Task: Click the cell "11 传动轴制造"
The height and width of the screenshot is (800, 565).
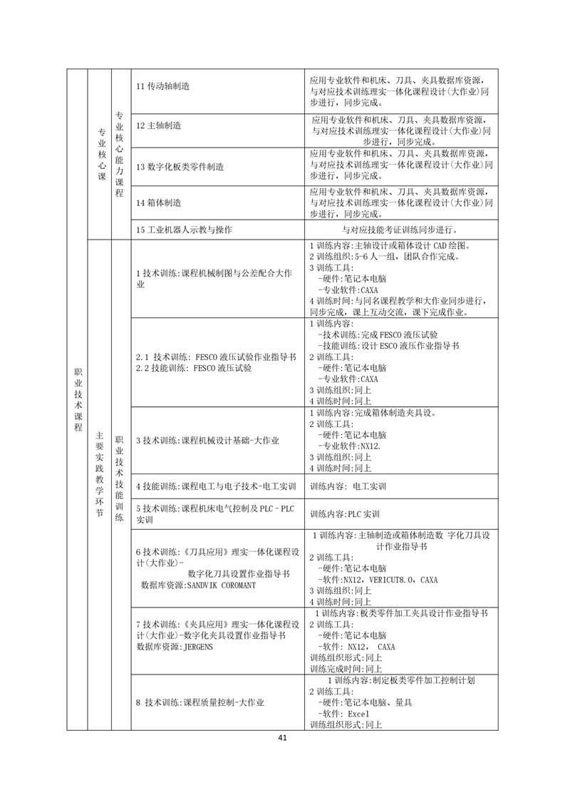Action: tap(163, 86)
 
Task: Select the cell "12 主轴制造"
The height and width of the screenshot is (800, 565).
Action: tap(159, 125)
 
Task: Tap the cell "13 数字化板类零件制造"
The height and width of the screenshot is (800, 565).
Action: tap(180, 166)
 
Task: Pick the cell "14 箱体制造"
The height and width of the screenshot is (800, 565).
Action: tap(159, 202)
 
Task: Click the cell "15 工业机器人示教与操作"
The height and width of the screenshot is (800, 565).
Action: tap(184, 230)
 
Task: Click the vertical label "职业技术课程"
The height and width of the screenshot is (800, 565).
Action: tap(78, 399)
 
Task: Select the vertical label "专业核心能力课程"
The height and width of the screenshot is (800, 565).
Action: tap(120, 153)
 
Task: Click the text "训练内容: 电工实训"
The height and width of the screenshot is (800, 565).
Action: tap(348, 486)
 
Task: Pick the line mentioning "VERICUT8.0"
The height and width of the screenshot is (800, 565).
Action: tap(378, 580)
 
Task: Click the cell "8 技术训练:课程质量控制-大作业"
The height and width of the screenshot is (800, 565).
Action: tap(199, 703)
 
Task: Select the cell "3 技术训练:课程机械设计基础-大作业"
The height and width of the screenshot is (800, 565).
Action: tap(207, 441)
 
